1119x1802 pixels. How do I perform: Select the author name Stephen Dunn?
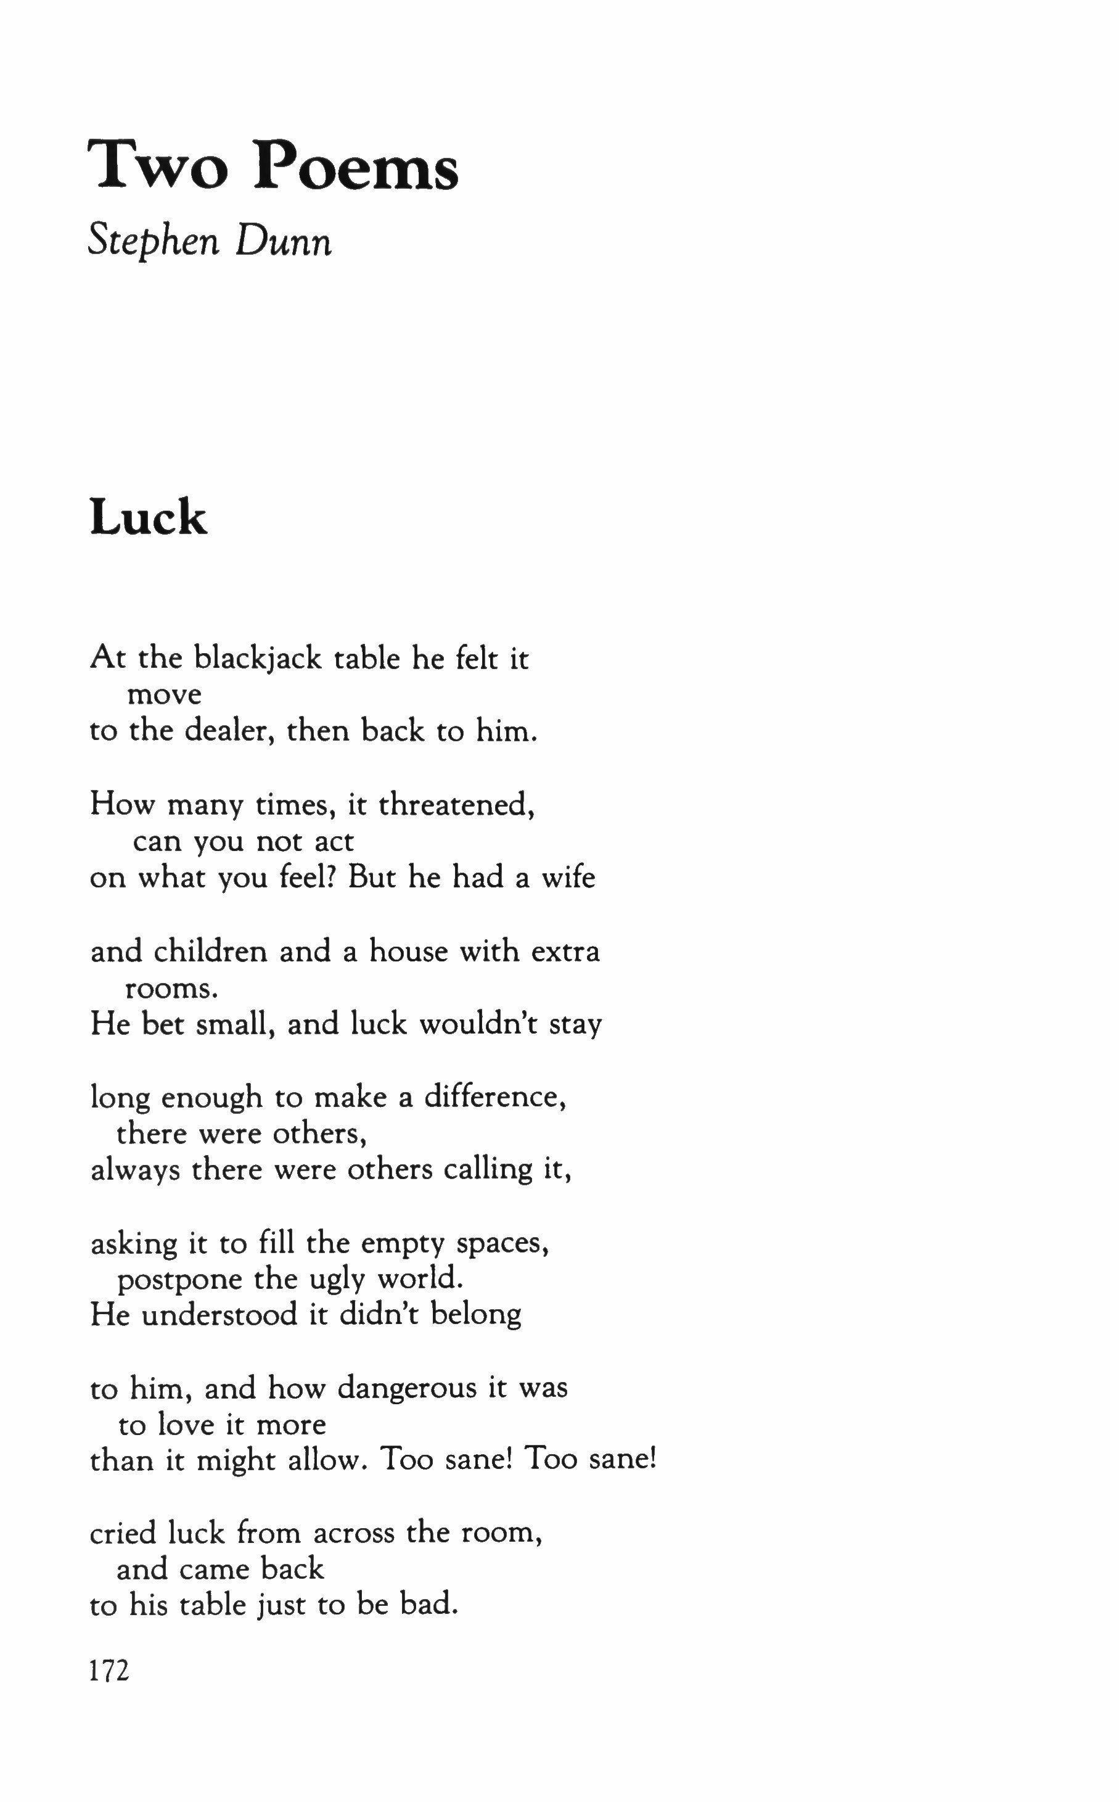point(210,241)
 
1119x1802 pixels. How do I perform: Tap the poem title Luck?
point(148,517)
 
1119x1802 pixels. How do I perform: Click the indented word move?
point(164,695)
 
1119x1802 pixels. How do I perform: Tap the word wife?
point(568,878)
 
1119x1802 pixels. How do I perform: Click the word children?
point(210,951)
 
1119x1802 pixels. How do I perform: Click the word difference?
point(494,1096)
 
